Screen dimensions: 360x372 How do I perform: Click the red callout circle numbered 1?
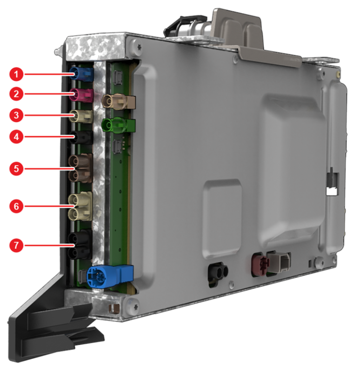[x=16, y=74]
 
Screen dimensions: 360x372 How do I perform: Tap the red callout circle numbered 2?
[x=16, y=94]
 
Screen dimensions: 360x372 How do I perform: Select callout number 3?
[x=16, y=115]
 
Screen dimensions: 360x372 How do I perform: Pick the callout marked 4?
[x=16, y=137]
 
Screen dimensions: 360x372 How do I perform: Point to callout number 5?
[x=16, y=169]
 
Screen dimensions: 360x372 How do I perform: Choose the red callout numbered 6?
[x=16, y=206]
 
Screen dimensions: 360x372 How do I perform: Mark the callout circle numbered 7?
[x=16, y=245]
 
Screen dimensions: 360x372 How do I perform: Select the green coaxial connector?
[x=118, y=125]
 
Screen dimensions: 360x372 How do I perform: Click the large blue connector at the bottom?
[x=110, y=276]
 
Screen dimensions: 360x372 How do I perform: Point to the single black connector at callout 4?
[x=81, y=137]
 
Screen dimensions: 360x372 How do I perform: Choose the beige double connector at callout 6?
[x=80, y=206]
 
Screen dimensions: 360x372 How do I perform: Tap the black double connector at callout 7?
[x=80, y=245]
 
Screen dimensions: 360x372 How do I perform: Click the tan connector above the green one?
[x=118, y=101]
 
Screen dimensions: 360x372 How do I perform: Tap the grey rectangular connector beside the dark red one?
[x=279, y=263]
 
